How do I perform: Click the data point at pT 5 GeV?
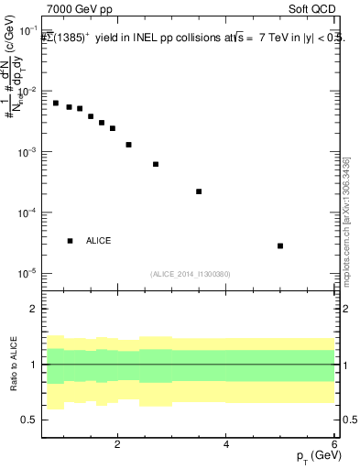pyautogui.click(x=280, y=245)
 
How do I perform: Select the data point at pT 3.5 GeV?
pyautogui.click(x=199, y=191)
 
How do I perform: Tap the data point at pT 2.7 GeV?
pyautogui.click(x=156, y=164)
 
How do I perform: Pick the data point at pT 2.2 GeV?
pyautogui.click(x=128, y=145)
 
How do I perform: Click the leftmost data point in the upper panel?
pyautogui.click(x=56, y=103)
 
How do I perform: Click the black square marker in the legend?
pyautogui.click(x=70, y=240)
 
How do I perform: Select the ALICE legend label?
pyautogui.click(x=98, y=240)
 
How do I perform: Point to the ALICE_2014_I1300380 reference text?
pyautogui.click(x=190, y=274)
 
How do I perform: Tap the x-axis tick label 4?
pyautogui.click(x=226, y=444)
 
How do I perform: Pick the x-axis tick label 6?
pyautogui.click(x=334, y=444)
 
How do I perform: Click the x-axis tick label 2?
pyautogui.click(x=117, y=444)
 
